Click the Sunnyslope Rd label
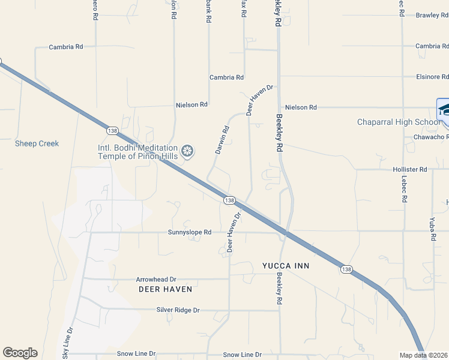(190, 232)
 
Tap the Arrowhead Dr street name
(155, 279)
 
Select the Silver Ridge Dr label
(178, 310)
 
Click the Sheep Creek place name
(37, 143)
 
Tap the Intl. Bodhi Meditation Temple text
(138, 152)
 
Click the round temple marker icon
(188, 151)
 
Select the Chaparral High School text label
(399, 122)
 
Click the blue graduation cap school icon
(444, 110)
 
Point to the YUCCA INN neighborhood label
(286, 265)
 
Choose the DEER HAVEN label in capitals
(165, 289)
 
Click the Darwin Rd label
(222, 139)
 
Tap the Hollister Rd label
(406, 170)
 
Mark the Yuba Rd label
(433, 229)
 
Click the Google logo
(20, 353)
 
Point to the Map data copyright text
(424, 355)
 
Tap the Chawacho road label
(431, 137)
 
